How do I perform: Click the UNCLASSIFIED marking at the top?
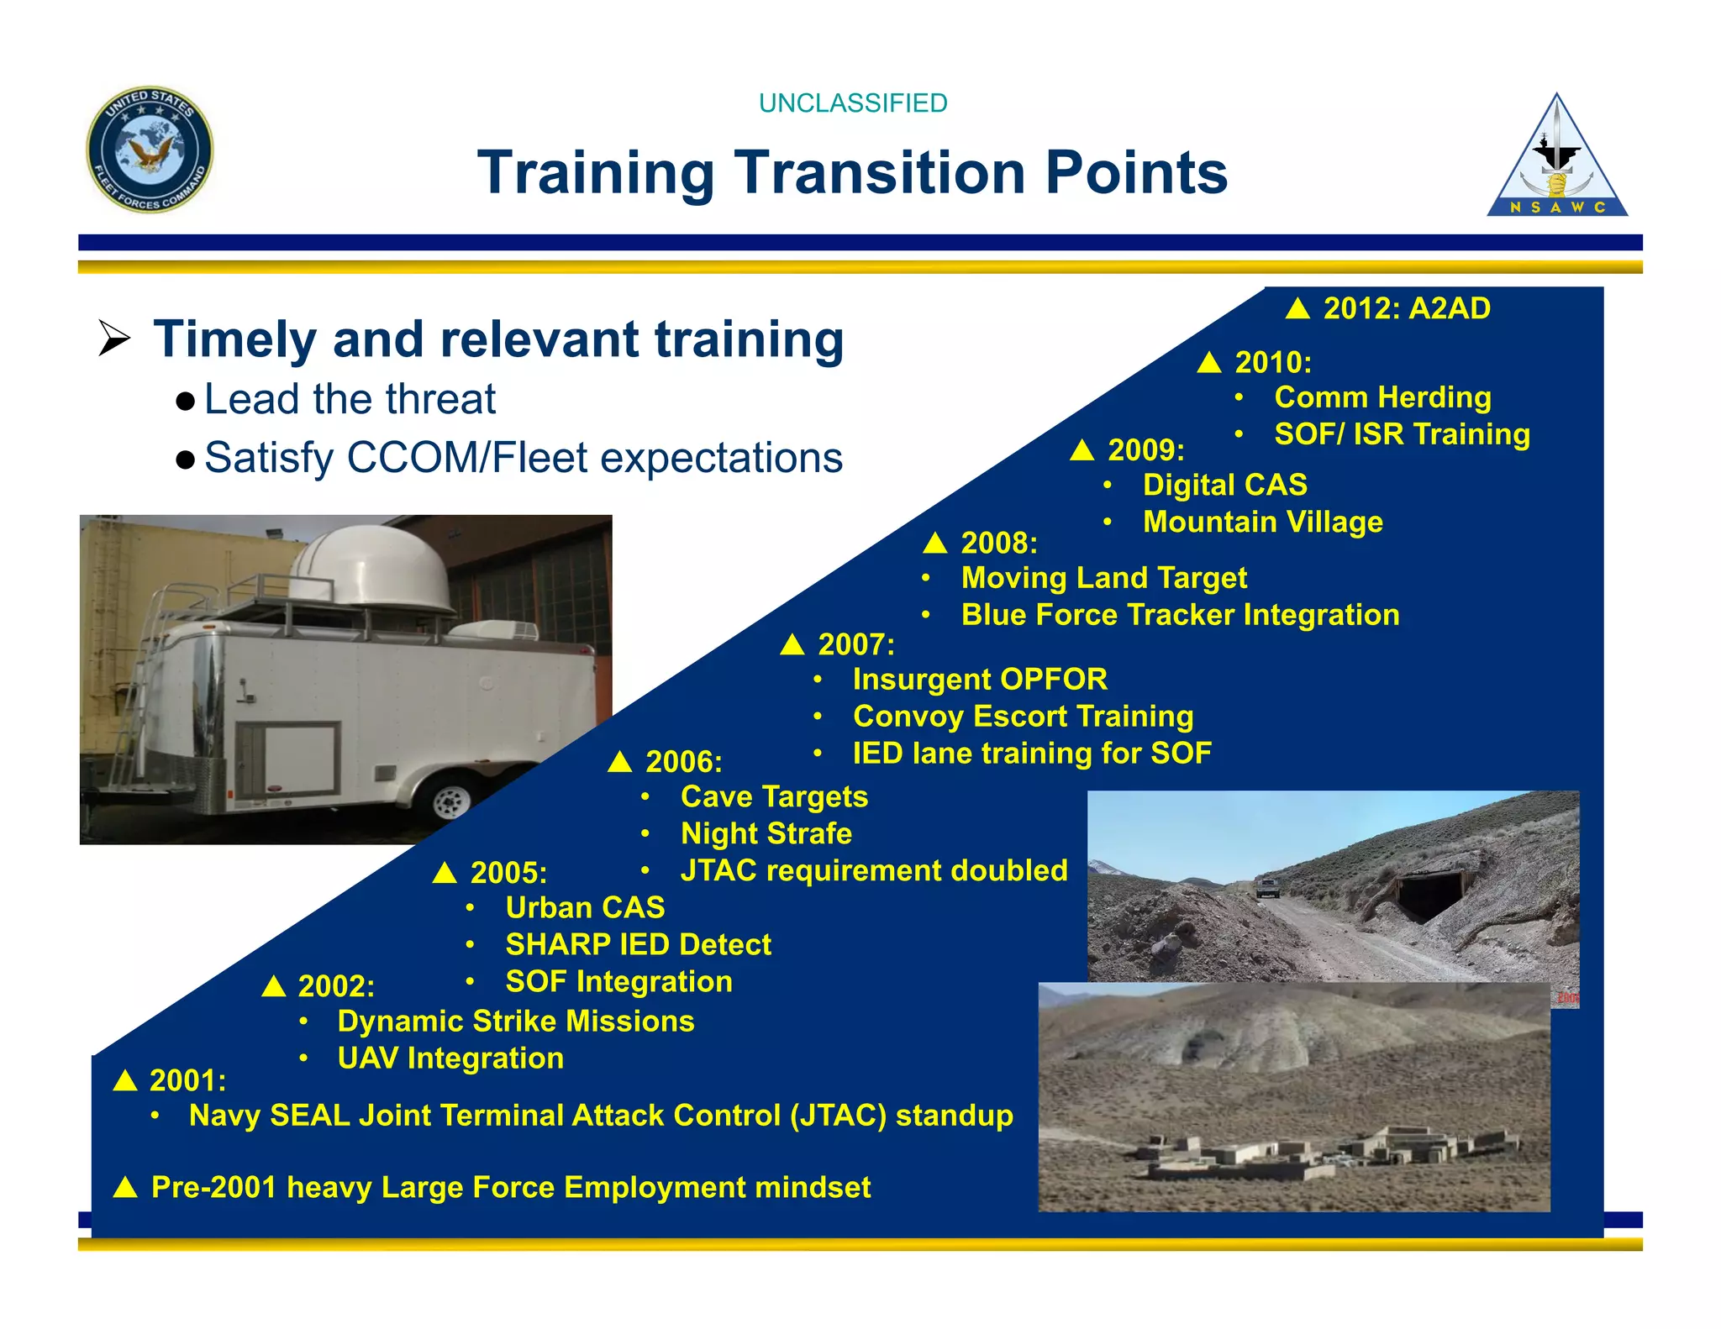[x=852, y=103]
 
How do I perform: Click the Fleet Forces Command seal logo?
[x=150, y=150]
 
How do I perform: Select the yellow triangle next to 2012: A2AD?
[x=1297, y=308]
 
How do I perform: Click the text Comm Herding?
[x=1382, y=397]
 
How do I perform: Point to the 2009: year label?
[x=1145, y=450]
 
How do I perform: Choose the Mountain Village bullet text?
[x=1262, y=522]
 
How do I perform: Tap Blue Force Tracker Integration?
[x=1180, y=615]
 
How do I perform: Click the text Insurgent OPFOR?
[x=980, y=679]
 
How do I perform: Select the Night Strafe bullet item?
[x=766, y=833]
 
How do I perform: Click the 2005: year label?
[x=508, y=873]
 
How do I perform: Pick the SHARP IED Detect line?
[x=638, y=944]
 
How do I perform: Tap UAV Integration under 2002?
[x=450, y=1058]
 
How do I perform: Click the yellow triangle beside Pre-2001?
[x=125, y=1187]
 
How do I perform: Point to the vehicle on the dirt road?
[x=1267, y=887]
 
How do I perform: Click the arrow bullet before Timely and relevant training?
[x=114, y=339]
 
